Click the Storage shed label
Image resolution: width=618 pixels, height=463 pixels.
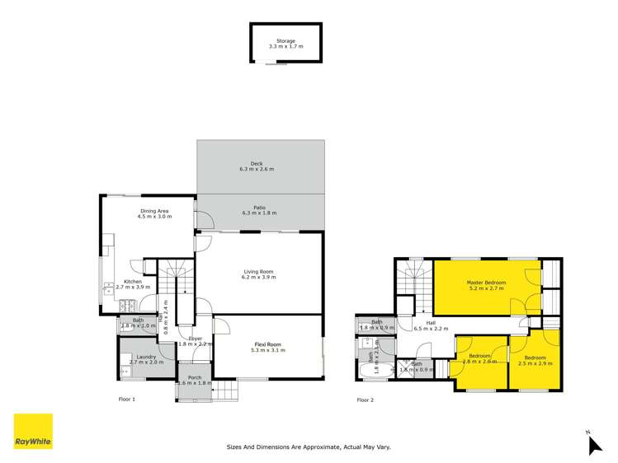click(x=285, y=40)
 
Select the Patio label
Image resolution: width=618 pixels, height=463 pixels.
click(x=259, y=207)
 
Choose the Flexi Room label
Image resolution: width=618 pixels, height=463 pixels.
click(x=267, y=345)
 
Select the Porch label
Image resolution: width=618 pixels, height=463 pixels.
click(x=194, y=378)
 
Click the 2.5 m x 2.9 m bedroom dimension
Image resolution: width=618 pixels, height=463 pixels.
click(x=535, y=362)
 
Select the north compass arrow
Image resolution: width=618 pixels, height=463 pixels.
click(x=594, y=444)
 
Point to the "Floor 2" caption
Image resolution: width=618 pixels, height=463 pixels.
click(x=365, y=400)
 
